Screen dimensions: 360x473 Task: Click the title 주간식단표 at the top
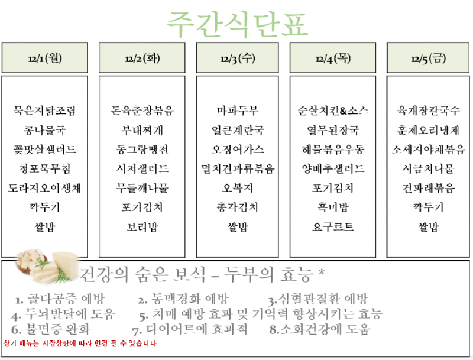[237, 23]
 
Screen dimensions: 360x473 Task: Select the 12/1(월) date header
[44, 58]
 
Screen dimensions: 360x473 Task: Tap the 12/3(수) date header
[237, 58]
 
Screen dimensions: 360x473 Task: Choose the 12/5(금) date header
[429, 58]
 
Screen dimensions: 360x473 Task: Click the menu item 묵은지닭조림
[44, 111]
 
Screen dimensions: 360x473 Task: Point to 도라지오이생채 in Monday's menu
[44, 189]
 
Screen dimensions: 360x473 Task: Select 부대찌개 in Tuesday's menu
[142, 130]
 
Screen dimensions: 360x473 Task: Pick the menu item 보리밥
[142, 227]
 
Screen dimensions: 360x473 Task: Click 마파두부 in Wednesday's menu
[237, 111]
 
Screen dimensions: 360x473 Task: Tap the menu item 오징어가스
[237, 150]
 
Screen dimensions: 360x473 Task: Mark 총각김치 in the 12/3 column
[237, 207]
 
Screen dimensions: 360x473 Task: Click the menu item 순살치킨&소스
[333, 111]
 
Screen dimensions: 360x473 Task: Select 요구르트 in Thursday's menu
[333, 227]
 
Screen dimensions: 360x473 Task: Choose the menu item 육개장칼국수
[429, 111]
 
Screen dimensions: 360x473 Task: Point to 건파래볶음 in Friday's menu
[429, 189]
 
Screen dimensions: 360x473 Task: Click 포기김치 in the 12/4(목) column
[333, 189]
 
